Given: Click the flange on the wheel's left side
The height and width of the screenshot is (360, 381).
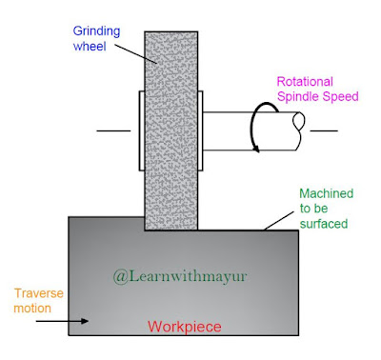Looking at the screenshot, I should [x=140, y=131].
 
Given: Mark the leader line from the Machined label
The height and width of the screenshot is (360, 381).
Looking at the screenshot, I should [x=281, y=214].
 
